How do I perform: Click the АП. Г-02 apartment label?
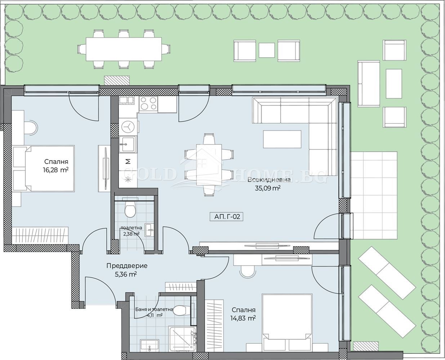point(226,217)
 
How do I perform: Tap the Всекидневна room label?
point(269,180)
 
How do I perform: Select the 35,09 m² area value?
point(267,188)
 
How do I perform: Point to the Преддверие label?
point(127,266)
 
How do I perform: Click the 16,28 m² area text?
point(56,170)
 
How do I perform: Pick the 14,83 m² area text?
point(243,318)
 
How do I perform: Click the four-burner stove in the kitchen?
point(148,103)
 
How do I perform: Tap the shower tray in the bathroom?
point(182,339)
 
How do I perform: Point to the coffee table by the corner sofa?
point(282,139)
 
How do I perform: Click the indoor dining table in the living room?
point(209,165)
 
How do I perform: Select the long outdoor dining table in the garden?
point(124,49)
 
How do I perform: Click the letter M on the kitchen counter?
point(128,161)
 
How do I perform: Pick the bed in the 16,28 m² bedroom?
point(44,168)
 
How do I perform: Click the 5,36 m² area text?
point(126,274)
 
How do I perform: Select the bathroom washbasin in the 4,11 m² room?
point(150,345)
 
